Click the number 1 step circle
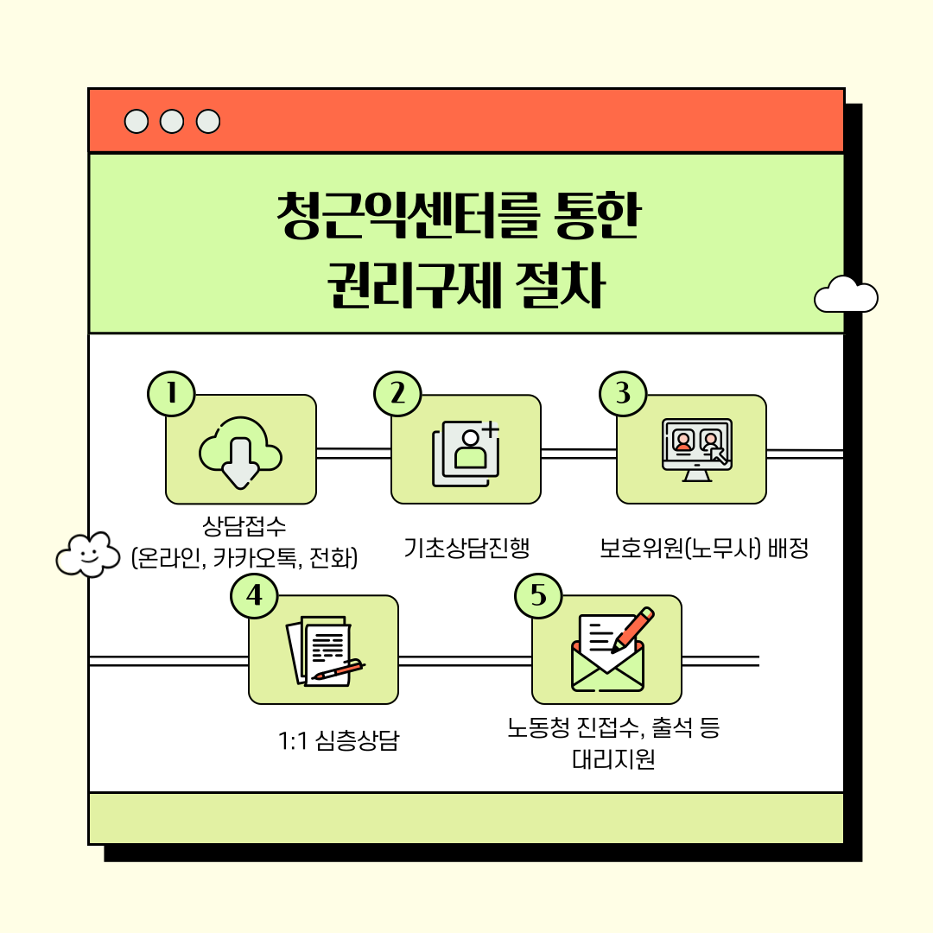172,394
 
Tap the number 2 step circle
397,394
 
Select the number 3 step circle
623,394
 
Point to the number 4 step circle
254,595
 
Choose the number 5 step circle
538,595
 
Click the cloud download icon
240,451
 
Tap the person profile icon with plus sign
466,450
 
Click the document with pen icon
323,651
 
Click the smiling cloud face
87,554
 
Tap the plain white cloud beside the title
846,295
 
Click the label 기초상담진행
466,548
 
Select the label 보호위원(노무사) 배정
704,549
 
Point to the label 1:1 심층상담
339,740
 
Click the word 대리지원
613,759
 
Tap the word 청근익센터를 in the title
404,215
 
